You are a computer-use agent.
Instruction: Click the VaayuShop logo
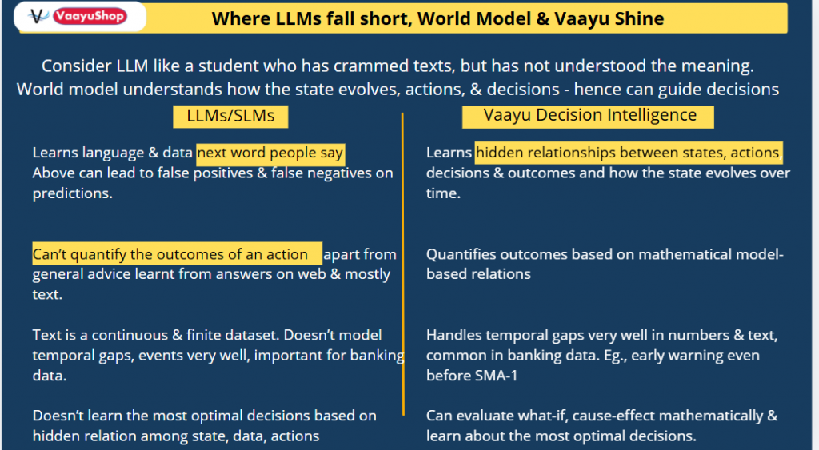click(x=79, y=17)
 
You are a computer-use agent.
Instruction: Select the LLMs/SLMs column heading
click(x=230, y=116)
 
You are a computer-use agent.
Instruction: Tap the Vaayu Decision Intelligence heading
click(x=589, y=115)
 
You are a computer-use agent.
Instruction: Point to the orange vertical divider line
click(x=403, y=264)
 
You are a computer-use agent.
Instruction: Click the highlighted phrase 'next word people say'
click(x=270, y=153)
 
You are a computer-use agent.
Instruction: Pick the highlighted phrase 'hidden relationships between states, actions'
click(x=628, y=153)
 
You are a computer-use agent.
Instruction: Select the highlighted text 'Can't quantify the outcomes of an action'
click(x=177, y=254)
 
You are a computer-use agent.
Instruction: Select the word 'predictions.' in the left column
click(x=72, y=193)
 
